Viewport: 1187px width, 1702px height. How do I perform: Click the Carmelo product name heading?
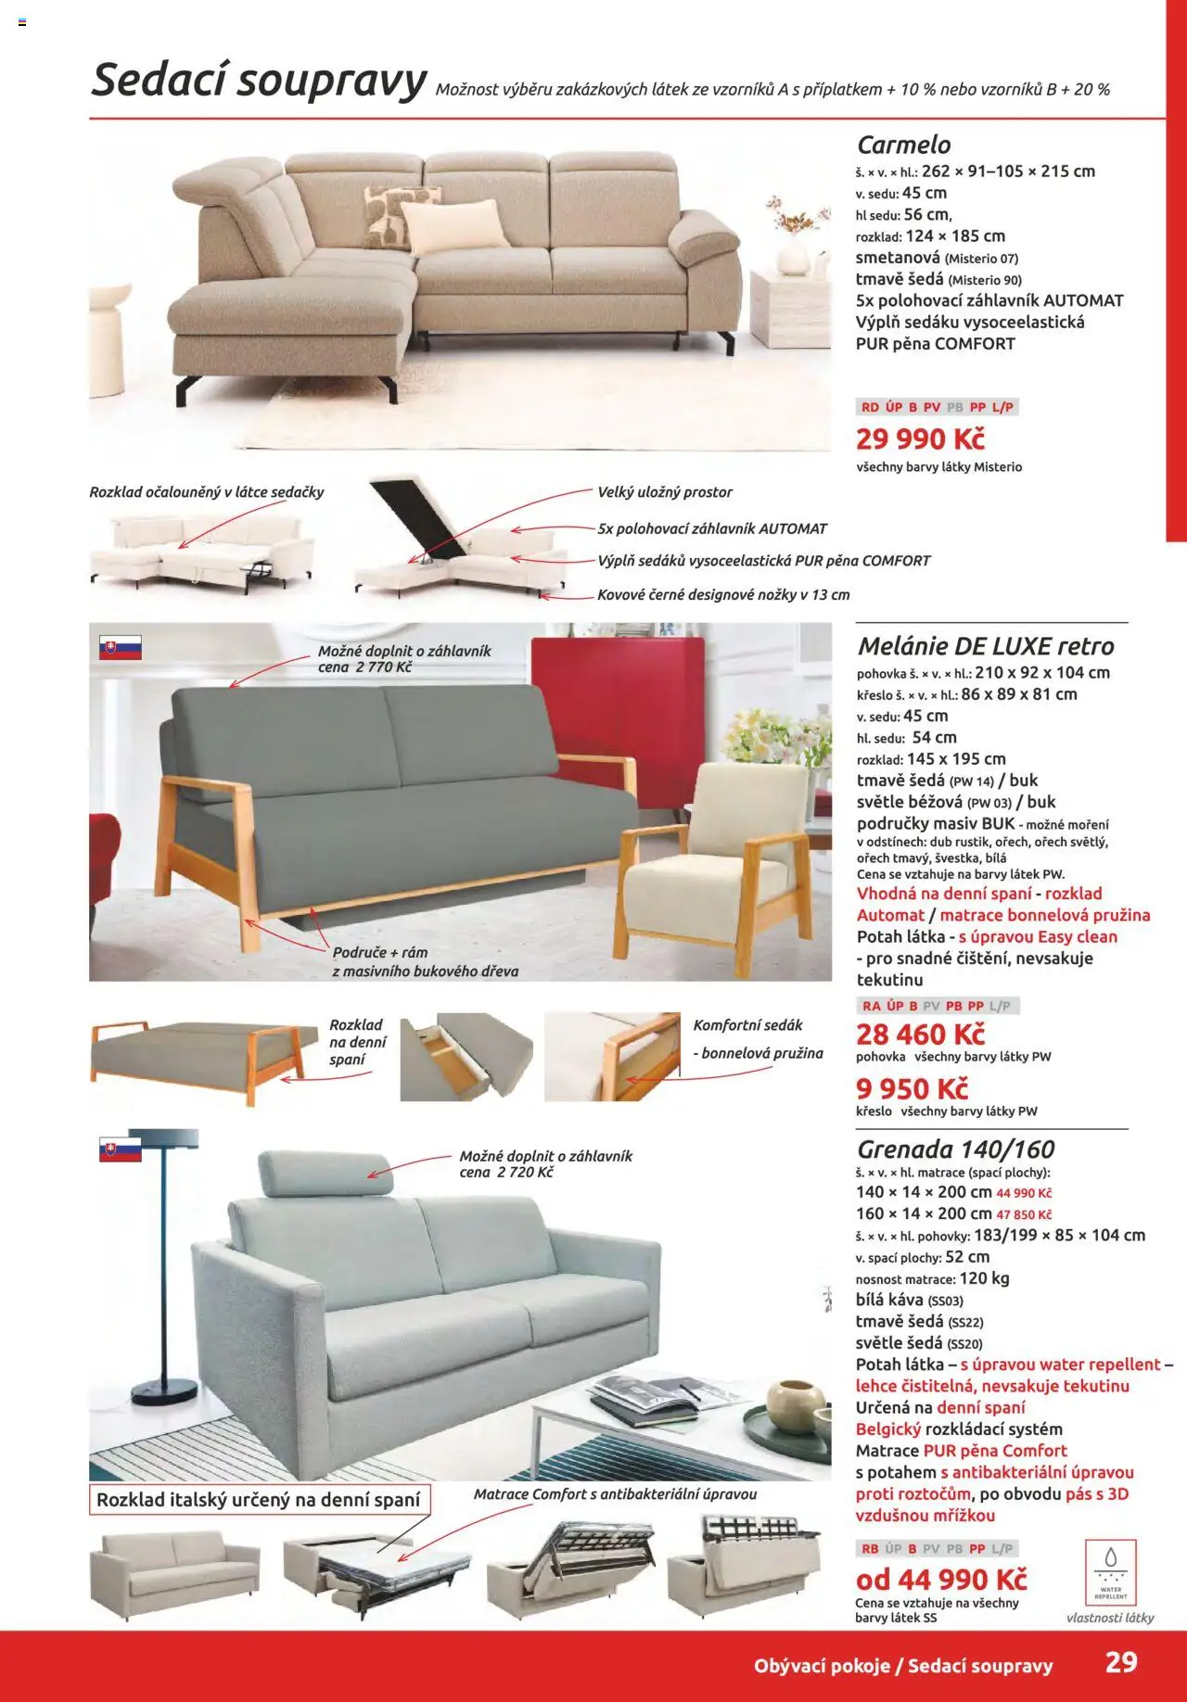tap(903, 145)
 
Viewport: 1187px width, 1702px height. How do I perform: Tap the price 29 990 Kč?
tap(919, 438)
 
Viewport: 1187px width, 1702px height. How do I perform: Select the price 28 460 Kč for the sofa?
tap(919, 1034)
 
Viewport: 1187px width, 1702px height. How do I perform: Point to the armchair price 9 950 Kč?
tap(912, 1088)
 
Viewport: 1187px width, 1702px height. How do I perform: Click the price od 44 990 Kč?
tap(940, 1579)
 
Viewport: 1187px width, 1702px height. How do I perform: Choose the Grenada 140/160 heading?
tap(955, 1149)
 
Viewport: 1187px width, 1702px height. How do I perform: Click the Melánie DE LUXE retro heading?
tap(985, 646)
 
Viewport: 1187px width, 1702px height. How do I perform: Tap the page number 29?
tap(1120, 1662)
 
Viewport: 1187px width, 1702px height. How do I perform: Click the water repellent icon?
tap(1110, 1572)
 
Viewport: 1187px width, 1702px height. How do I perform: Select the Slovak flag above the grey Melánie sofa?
tap(120, 648)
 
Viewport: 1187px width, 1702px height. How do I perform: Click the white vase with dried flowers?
tap(793, 250)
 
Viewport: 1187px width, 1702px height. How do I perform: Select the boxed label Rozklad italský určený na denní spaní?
tap(259, 1499)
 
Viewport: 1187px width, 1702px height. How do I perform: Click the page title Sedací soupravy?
tap(258, 81)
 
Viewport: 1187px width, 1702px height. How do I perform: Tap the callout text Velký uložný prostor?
tap(664, 492)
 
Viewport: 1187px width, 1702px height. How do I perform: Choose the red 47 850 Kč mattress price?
tap(1024, 1214)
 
